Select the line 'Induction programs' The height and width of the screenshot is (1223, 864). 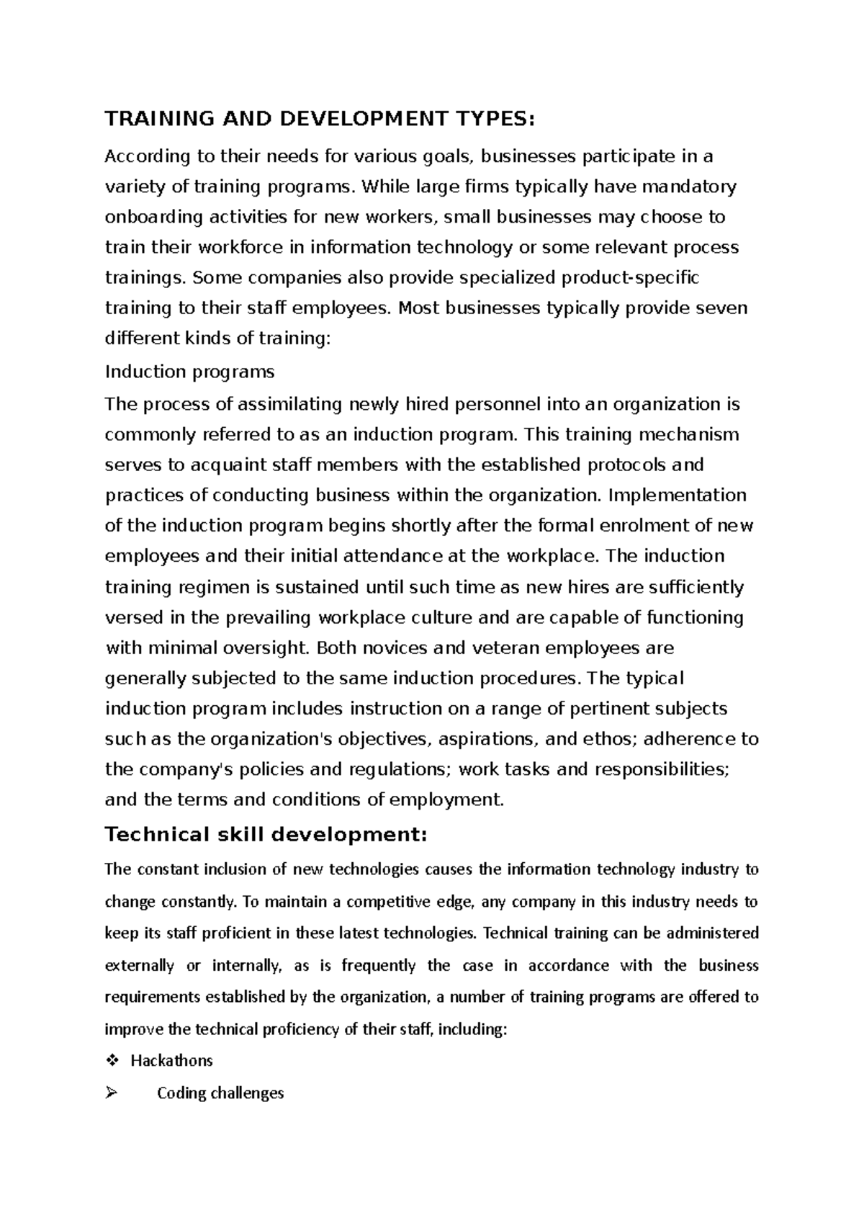189,372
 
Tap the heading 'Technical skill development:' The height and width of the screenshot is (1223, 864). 266,835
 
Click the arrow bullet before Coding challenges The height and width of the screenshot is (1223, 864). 110,1093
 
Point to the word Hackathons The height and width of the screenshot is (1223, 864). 171,1061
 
